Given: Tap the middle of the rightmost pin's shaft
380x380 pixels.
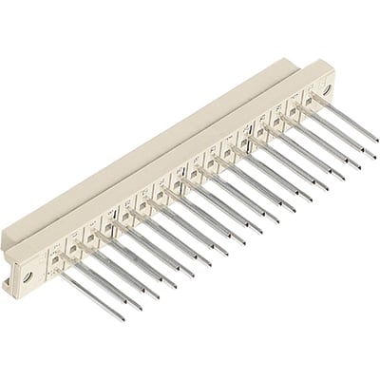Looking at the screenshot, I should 344,120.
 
